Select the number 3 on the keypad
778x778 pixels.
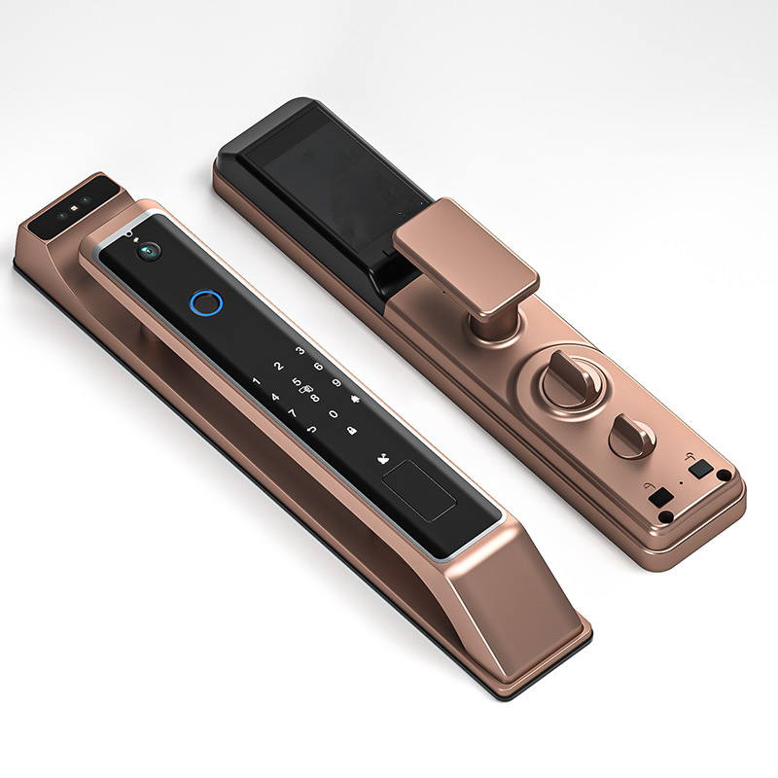point(301,350)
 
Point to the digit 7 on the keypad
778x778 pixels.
point(293,412)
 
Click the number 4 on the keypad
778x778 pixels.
point(275,397)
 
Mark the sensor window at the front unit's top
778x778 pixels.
point(68,208)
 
